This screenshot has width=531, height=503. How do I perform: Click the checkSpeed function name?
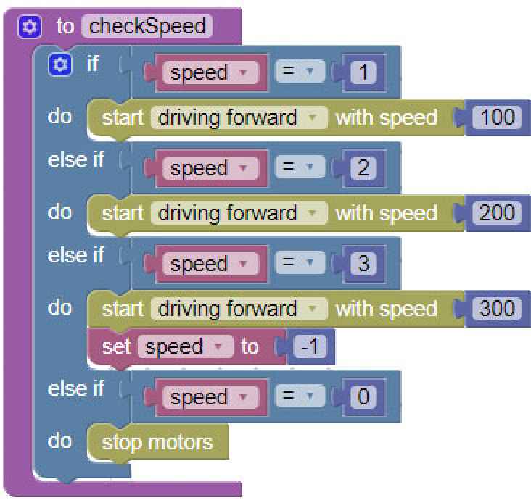click(x=147, y=27)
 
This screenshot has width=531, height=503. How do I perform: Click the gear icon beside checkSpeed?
click(x=29, y=28)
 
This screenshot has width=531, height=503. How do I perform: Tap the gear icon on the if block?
click(x=59, y=65)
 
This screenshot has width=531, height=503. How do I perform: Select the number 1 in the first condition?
click(x=363, y=72)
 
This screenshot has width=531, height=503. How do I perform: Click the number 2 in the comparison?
click(x=363, y=168)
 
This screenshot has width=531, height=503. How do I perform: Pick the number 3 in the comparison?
click(x=363, y=264)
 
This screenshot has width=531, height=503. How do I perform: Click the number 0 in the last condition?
click(x=363, y=397)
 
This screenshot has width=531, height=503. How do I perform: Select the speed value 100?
click(x=497, y=117)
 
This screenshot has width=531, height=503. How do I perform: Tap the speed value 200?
click(x=497, y=213)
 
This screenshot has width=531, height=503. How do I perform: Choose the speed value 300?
click(x=497, y=309)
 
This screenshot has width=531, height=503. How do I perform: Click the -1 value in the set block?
click(x=311, y=347)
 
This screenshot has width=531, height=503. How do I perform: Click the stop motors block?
click(x=157, y=442)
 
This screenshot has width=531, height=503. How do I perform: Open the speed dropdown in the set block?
click(x=184, y=347)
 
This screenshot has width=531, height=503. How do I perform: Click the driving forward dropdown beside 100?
click(x=238, y=117)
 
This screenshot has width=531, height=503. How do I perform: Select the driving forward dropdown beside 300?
click(x=238, y=309)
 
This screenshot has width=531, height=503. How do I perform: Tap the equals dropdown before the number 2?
click(x=299, y=168)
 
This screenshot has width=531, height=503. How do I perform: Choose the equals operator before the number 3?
click(x=299, y=264)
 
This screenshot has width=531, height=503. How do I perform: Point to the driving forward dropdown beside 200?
click(x=238, y=213)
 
